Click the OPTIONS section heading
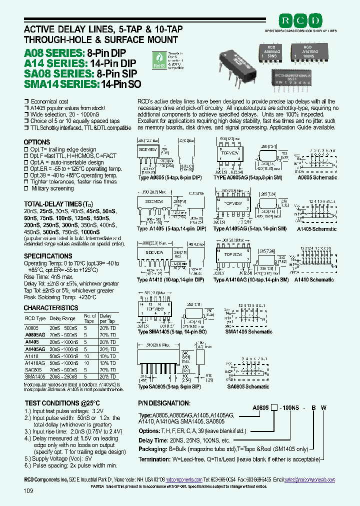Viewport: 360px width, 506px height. tap(37, 142)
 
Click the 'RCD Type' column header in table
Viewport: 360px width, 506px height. tap(35, 318)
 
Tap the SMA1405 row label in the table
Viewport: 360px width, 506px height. tap(34, 376)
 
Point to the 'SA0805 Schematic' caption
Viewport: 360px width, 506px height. tap(248, 386)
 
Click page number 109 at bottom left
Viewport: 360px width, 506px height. tap(28, 491)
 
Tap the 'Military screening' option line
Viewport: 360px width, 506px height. tap(52, 188)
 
